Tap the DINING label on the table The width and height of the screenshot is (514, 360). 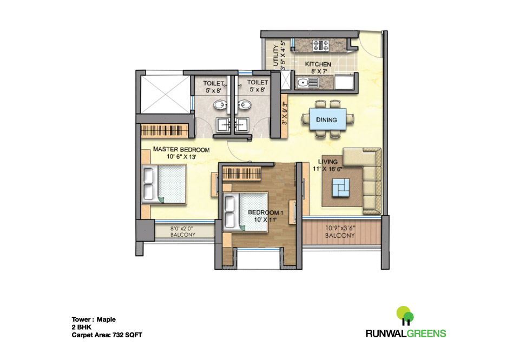(326, 120)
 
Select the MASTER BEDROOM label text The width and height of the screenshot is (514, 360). (181, 149)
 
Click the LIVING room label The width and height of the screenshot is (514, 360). (328, 162)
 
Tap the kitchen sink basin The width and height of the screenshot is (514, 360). (303, 83)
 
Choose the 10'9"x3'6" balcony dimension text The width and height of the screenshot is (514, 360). (340, 228)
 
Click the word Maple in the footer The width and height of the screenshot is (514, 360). (106, 319)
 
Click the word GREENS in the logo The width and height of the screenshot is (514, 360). (427, 333)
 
